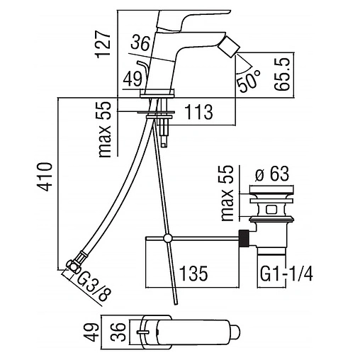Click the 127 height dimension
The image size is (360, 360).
point(103,44)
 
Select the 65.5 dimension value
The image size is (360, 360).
point(282,74)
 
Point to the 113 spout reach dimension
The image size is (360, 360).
point(198,112)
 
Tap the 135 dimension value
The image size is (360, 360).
point(193,274)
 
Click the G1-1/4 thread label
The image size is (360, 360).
point(286,274)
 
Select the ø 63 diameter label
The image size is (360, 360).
point(272,174)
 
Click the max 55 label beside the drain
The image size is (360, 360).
point(227,193)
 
